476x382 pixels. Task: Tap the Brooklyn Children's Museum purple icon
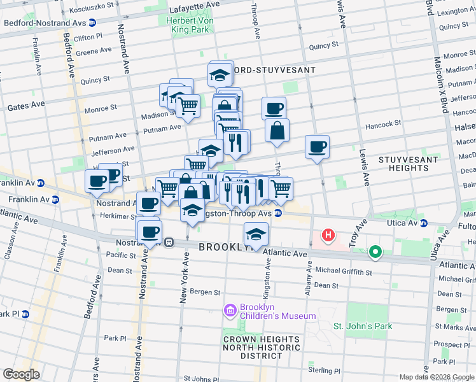230,311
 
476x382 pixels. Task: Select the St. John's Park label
363,326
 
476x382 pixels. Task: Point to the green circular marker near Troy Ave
375,252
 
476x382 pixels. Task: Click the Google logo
20,374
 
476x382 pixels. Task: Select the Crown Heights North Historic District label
262,348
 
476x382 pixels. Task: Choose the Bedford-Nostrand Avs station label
45,22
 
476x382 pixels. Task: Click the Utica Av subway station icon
424,223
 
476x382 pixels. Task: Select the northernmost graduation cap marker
220,74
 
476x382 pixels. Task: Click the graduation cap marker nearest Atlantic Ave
256,235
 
